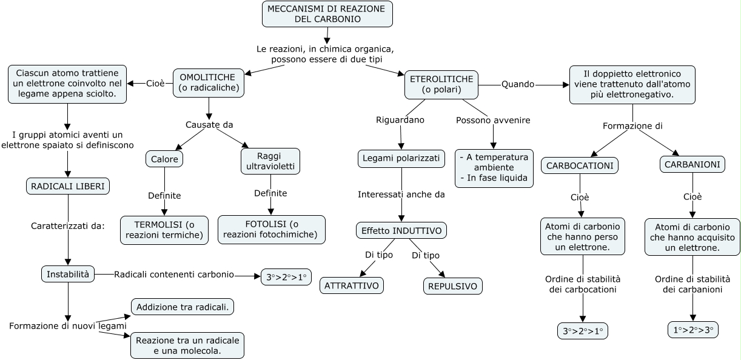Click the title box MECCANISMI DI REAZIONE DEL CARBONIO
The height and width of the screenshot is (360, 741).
click(x=327, y=14)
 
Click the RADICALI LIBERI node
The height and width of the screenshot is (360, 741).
click(x=68, y=186)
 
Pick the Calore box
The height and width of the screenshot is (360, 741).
click(x=164, y=159)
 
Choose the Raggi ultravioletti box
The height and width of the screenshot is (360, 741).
click(x=270, y=161)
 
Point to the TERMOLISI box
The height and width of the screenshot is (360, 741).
click(x=164, y=230)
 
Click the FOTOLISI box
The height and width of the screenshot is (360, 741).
click(x=272, y=229)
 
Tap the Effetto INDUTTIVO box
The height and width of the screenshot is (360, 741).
click(x=401, y=231)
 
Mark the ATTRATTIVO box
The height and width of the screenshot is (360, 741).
click(x=352, y=285)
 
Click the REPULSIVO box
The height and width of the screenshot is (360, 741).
click(x=452, y=285)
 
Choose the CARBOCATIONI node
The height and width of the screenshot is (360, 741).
click(x=579, y=165)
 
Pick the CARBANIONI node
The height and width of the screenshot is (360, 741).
click(x=692, y=164)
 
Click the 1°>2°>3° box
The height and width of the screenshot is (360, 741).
click(x=692, y=330)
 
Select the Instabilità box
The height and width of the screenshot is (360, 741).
click(x=68, y=275)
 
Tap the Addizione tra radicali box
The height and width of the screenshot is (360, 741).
click(x=183, y=307)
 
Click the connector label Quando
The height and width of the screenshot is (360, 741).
click(x=518, y=84)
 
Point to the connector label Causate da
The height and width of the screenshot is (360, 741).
click(x=209, y=125)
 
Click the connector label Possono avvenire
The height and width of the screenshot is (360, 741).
click(x=493, y=120)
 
